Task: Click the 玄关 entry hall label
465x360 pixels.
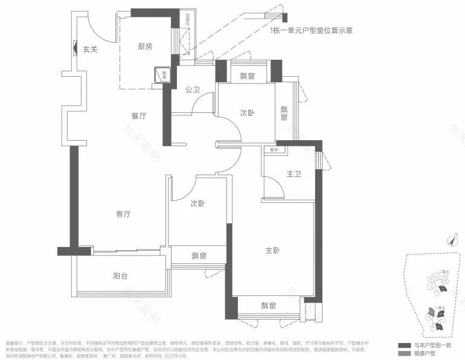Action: click(90, 49)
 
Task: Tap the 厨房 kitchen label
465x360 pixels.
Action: click(144, 47)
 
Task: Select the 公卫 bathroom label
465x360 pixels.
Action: click(193, 90)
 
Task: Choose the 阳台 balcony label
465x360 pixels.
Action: click(121, 276)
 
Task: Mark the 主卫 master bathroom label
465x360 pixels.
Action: click(293, 174)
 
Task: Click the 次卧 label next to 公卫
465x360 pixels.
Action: click(247, 113)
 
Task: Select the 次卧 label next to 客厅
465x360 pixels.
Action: click(197, 204)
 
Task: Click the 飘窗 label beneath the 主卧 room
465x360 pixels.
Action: click(269, 306)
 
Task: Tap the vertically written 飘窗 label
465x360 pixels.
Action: click(284, 113)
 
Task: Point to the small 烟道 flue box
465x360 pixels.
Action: click(164, 74)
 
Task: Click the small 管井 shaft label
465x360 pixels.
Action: click(274, 150)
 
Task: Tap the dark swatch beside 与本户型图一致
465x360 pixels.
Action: click(404, 344)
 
